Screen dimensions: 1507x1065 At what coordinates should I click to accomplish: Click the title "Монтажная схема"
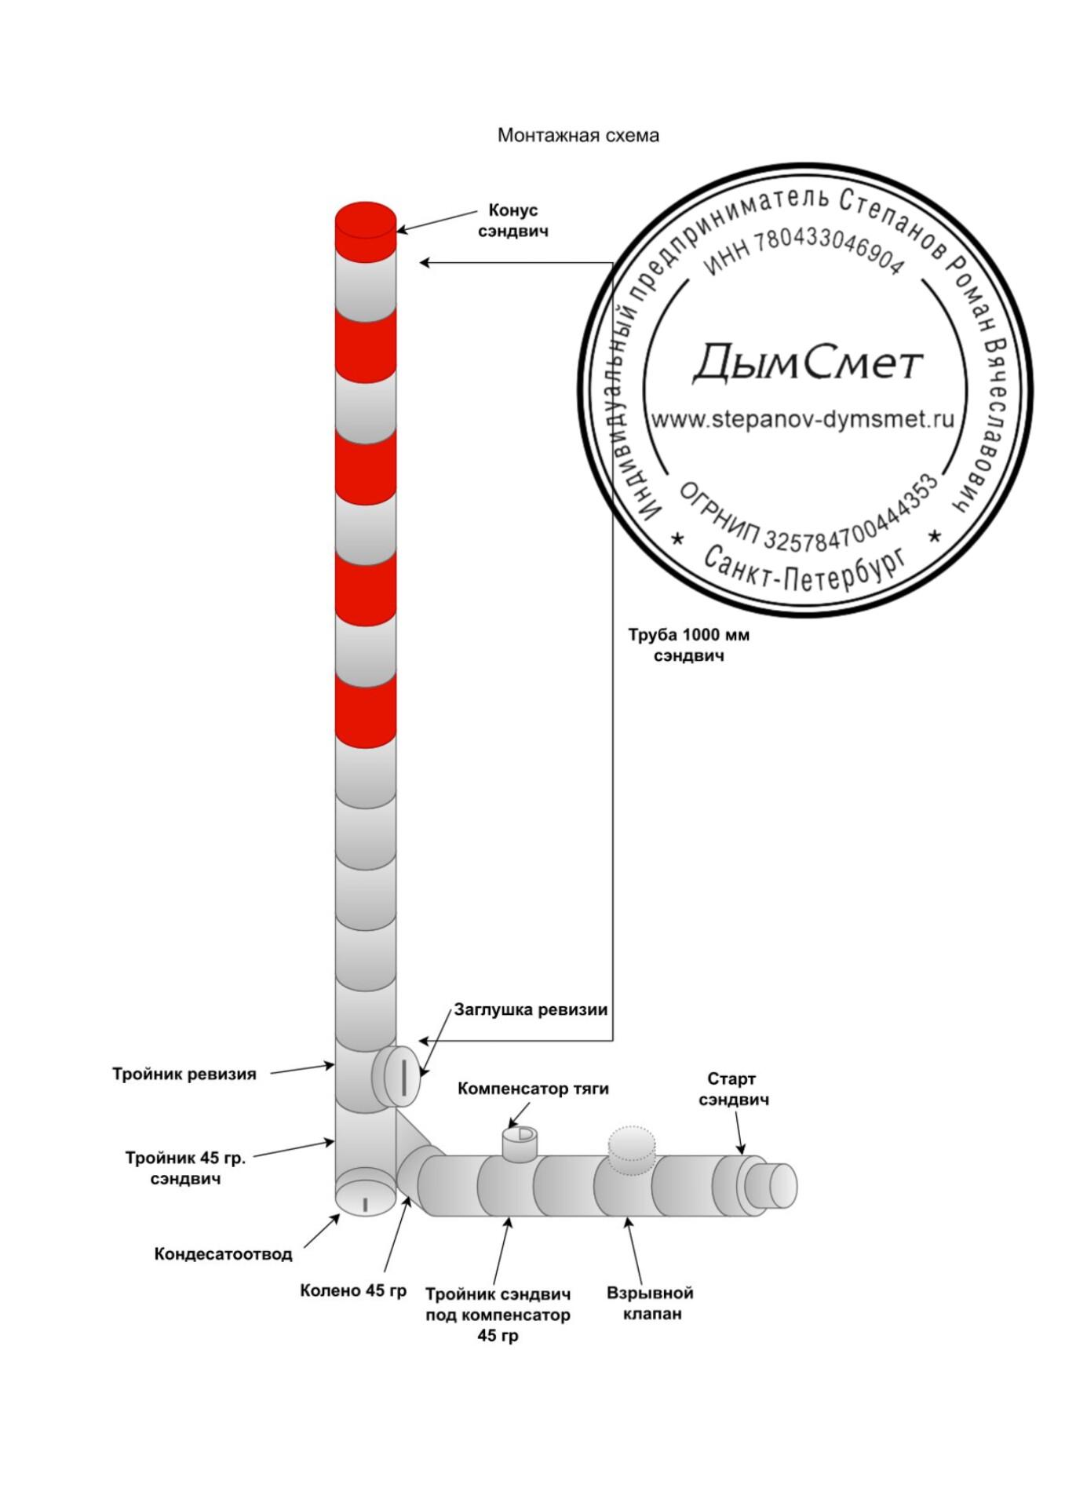[x=578, y=136]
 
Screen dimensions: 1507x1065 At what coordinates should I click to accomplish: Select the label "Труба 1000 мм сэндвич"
[x=688, y=644]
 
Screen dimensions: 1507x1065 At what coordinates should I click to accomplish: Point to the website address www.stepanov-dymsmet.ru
[x=803, y=419]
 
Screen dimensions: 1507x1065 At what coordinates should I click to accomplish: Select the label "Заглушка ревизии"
[x=531, y=1010]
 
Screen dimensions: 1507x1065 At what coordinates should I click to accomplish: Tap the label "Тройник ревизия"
[x=184, y=1074]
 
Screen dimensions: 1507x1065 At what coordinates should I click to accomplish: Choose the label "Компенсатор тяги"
[x=533, y=1089]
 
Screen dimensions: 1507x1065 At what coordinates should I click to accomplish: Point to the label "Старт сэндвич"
[x=734, y=1089]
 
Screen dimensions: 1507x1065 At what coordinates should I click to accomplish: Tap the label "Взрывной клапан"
[x=650, y=1303]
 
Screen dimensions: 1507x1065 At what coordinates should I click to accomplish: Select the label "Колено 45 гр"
[x=354, y=1290]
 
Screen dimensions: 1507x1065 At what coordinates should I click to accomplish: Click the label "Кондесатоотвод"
[x=224, y=1253]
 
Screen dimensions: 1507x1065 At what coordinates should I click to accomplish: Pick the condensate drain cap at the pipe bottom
[x=365, y=1193]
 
